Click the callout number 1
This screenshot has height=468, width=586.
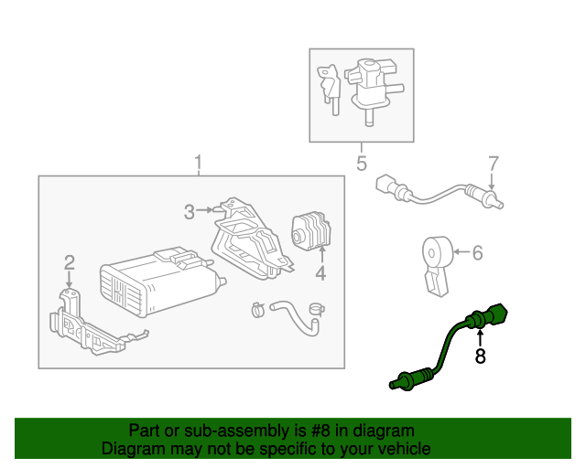(198, 164)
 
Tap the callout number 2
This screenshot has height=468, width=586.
(69, 263)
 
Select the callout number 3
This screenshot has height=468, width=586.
(189, 212)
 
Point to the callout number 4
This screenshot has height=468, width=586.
(320, 274)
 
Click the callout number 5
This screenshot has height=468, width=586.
(361, 165)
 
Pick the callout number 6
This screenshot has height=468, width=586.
(477, 253)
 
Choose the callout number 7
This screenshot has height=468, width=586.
(493, 164)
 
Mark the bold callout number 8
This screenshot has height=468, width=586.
(480, 356)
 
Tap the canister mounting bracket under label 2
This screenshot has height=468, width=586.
(82, 324)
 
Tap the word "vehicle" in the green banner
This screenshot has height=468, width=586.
(402, 449)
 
